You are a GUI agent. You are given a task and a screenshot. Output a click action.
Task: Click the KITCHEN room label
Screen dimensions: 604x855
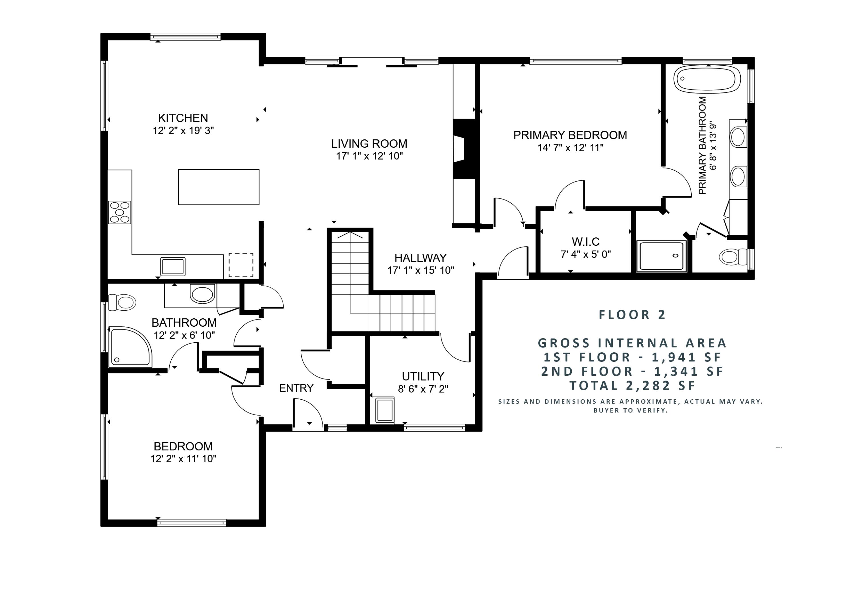tap(183, 118)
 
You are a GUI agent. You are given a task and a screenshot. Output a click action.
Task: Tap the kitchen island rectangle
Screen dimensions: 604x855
tap(219, 187)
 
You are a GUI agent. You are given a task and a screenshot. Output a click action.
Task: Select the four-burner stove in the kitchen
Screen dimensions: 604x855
tap(119, 212)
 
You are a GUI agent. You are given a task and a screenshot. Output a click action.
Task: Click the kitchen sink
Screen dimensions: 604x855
tap(173, 267)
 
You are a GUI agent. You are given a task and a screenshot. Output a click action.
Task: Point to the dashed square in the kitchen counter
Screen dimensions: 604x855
tap(241, 265)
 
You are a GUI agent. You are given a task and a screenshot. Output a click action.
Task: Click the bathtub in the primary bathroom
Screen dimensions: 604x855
tap(707, 79)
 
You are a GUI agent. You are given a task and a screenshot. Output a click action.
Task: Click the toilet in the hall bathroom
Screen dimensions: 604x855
tap(123, 302)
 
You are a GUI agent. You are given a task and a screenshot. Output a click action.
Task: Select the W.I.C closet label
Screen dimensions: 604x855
tap(585, 242)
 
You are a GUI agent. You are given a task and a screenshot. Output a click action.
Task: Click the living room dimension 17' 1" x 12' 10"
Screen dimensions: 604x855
tap(369, 156)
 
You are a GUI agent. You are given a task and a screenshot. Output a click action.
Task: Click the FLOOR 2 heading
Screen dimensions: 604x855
tap(632, 315)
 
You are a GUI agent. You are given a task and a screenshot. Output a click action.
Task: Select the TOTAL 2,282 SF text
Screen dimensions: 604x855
tap(632, 385)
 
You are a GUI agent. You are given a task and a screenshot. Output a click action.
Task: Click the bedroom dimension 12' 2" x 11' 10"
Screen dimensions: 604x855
tap(183, 459)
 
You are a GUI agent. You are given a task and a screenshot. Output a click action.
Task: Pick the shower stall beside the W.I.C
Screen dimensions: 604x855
tap(661, 256)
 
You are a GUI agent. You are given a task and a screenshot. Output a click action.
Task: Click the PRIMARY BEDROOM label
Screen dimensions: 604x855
tap(570, 135)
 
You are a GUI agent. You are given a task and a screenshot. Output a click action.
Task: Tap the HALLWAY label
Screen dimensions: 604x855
tap(420, 258)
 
